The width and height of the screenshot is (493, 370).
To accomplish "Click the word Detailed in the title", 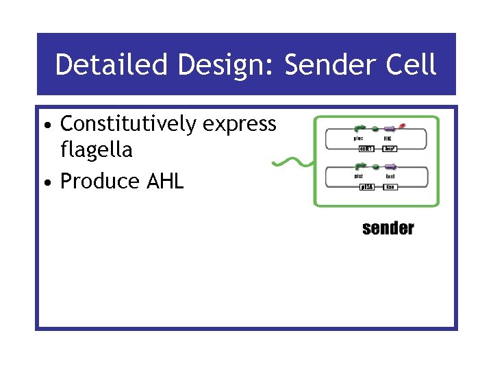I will click(112, 65).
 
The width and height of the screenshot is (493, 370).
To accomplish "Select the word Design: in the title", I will click(226, 65).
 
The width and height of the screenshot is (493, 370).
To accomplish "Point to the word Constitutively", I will click(128, 124).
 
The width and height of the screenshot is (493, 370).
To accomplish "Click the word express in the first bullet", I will click(240, 125).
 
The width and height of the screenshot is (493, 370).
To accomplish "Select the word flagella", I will click(97, 149).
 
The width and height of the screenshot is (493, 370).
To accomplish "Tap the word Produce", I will click(101, 181).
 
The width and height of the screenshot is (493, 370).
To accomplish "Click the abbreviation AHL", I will click(166, 181).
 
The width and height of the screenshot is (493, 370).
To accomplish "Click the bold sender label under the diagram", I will click(388, 228).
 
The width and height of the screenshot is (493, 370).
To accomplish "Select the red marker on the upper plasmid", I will click(402, 125).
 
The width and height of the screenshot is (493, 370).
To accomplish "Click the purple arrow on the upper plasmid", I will click(390, 128).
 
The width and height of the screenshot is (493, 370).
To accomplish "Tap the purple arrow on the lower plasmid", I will click(390, 166).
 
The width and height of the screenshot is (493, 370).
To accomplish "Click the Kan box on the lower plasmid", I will click(390, 186).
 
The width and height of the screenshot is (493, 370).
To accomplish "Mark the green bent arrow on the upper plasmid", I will click(359, 128).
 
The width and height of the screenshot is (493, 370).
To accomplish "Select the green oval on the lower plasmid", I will click(375, 166).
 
